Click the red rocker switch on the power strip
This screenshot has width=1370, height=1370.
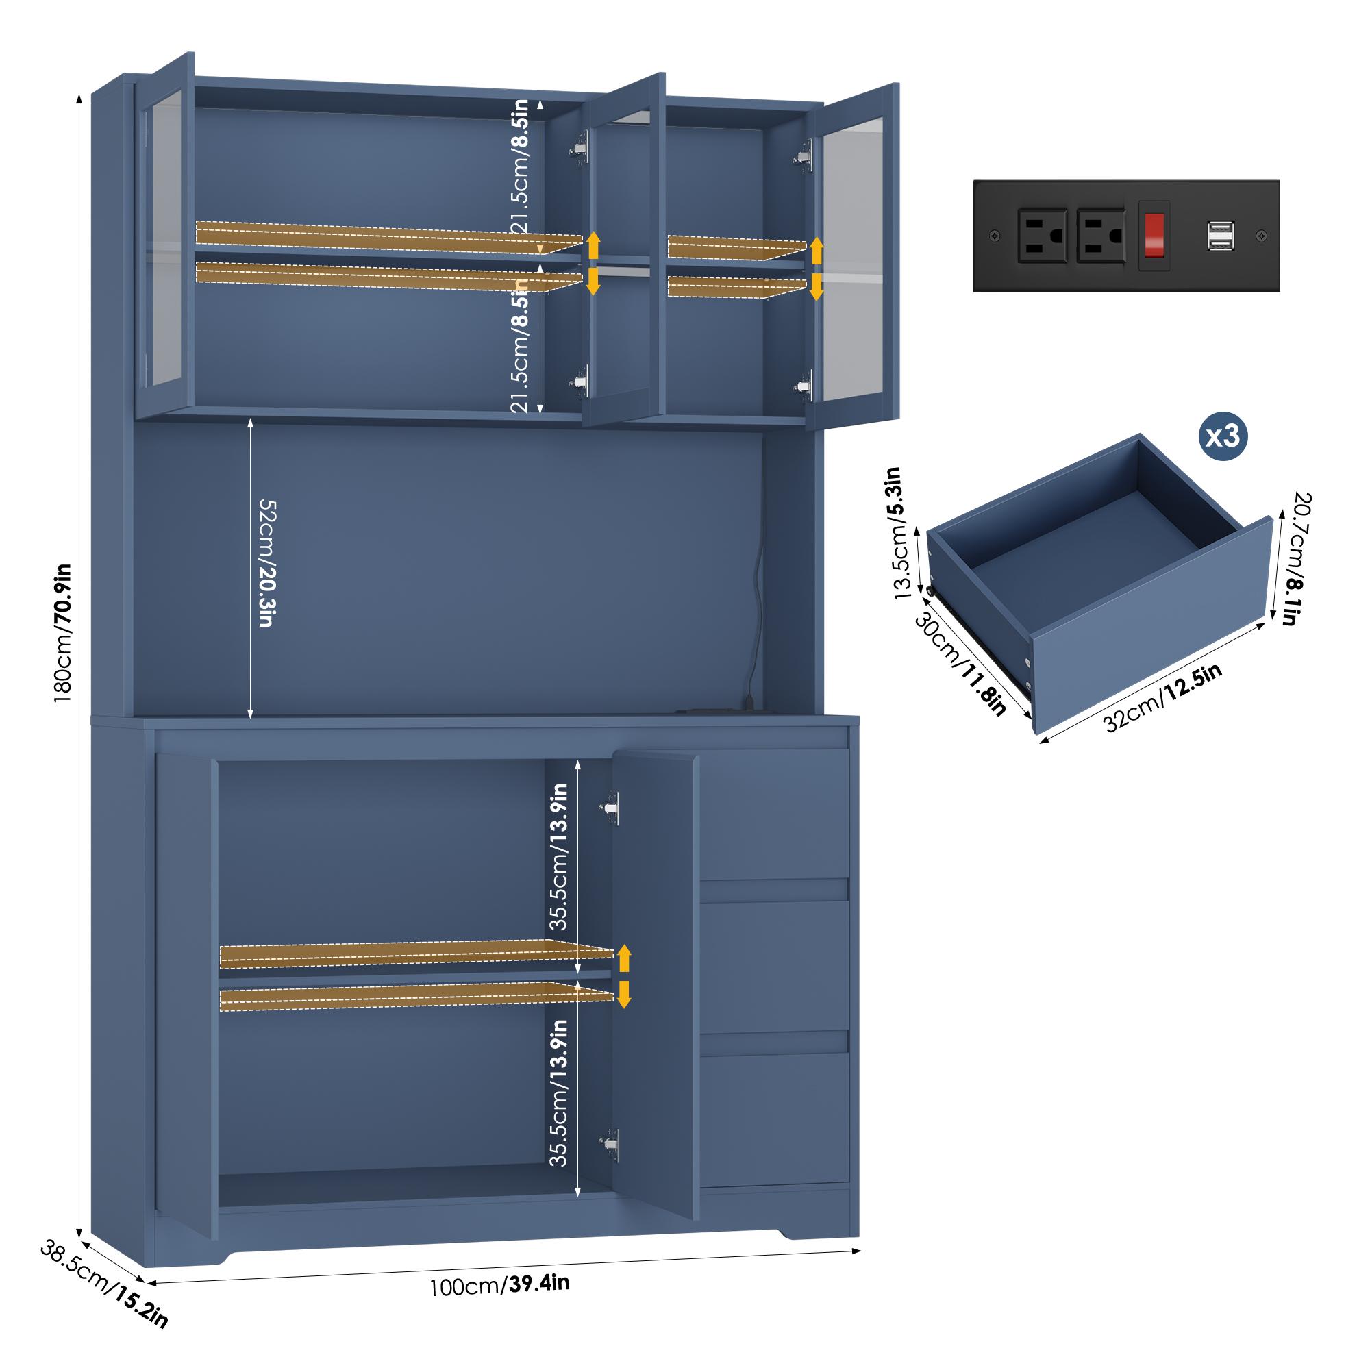(x=1154, y=236)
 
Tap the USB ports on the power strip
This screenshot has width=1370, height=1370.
(x=1221, y=236)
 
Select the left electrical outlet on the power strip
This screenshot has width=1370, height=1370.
(x=1042, y=236)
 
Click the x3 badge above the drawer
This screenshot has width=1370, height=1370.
(x=1223, y=436)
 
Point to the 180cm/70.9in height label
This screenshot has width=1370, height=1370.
(x=63, y=633)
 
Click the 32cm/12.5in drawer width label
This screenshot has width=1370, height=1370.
(x=1162, y=698)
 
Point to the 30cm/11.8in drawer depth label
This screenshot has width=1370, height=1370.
(x=961, y=663)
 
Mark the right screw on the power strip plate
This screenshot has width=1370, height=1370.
(x=1261, y=236)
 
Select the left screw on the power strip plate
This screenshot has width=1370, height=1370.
(x=995, y=235)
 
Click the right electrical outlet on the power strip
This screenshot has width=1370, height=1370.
(x=1101, y=236)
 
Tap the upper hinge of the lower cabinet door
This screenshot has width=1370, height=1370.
(x=610, y=808)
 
